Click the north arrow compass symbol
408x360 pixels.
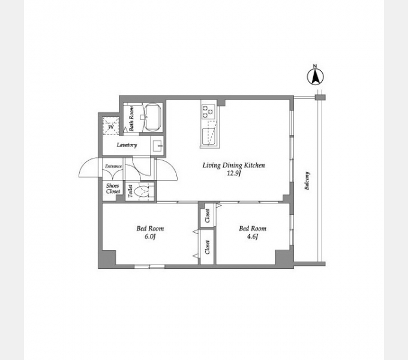[316, 76]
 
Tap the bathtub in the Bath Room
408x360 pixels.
[152, 118]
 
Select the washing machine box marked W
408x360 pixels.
[111, 127]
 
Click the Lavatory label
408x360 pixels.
[127, 145]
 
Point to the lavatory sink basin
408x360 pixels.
[157, 146]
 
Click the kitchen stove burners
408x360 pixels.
[208, 112]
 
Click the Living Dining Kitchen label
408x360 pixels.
[233, 166]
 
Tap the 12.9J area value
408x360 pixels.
[233, 173]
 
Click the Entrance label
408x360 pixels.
[113, 166]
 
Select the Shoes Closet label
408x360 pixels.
[113, 188]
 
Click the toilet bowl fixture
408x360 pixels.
[142, 192]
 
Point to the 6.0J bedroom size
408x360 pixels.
[150, 237]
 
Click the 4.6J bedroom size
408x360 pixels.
[252, 237]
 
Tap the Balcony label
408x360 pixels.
[307, 181]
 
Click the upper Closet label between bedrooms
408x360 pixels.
[208, 216]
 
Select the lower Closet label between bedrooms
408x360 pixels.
[208, 247]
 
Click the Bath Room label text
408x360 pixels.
[131, 118]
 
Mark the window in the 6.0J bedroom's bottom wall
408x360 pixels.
[149, 266]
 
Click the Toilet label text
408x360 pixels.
[130, 191]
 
